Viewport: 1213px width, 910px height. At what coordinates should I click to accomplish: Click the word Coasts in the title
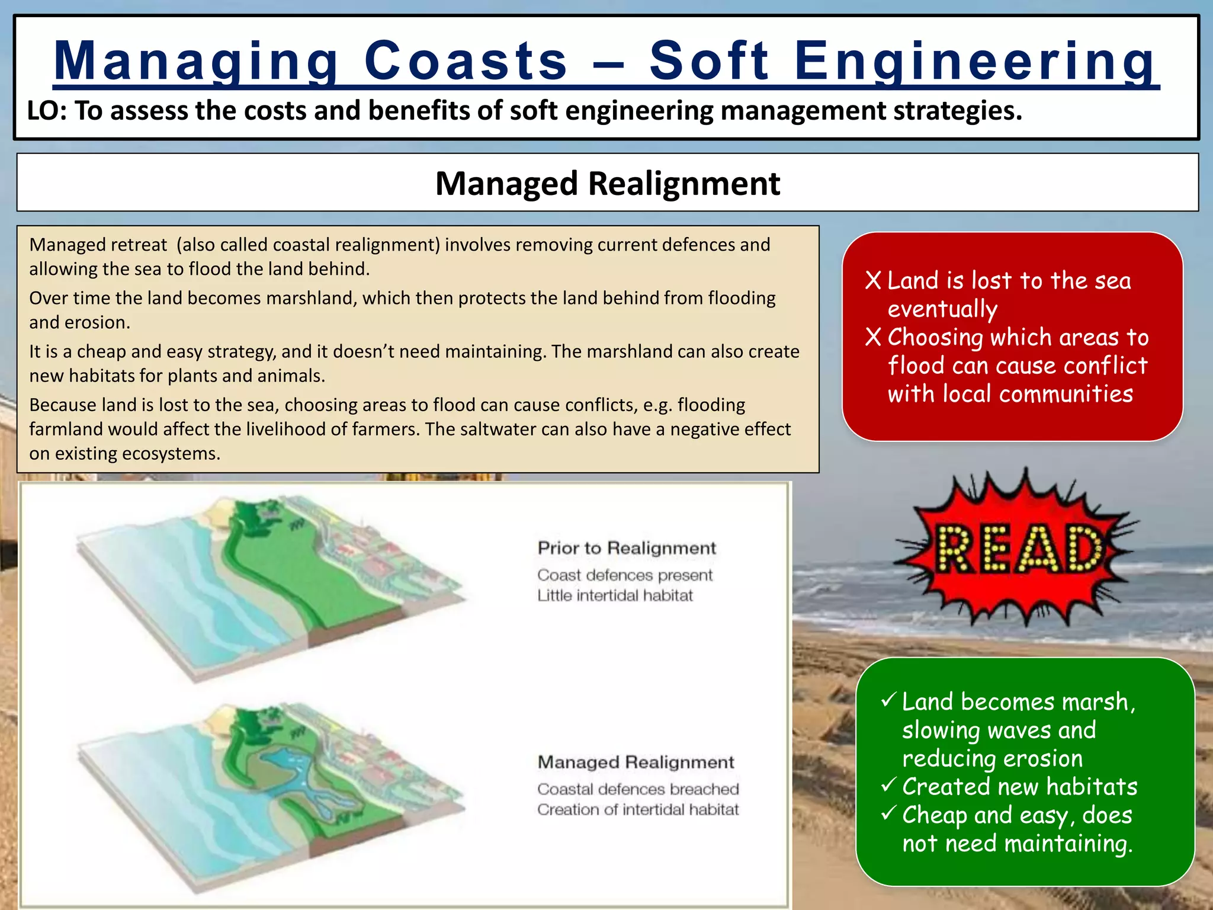tap(466, 60)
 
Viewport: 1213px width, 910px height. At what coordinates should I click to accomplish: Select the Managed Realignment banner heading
tap(607, 183)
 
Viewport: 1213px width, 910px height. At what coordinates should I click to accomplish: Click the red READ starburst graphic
tap(1016, 548)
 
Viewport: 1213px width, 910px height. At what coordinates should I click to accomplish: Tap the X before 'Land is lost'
tap(873, 280)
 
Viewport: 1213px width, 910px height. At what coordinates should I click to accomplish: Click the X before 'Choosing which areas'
tap(873, 337)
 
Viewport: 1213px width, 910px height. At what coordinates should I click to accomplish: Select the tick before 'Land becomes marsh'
tap(888, 700)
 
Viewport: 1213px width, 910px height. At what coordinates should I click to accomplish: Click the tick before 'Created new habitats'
tap(888, 786)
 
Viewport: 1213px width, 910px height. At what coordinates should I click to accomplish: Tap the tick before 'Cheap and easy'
tap(888, 813)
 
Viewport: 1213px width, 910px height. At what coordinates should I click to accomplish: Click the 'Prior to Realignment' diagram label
tap(627, 548)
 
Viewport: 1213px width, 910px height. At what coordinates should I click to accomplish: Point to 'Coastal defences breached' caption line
tap(638, 789)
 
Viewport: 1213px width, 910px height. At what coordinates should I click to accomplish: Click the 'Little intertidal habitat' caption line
tap(615, 595)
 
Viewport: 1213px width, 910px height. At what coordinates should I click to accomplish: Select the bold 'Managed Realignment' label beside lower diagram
tap(636, 762)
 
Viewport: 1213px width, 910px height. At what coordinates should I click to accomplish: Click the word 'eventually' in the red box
tap(942, 309)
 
